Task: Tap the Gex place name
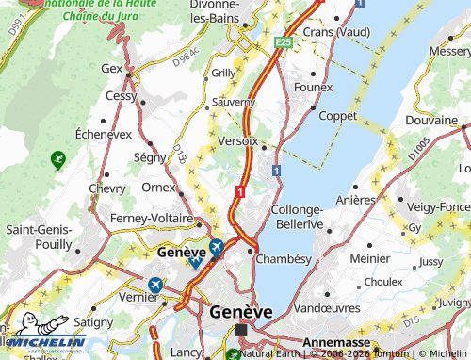click(113, 69)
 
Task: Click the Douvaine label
click(430, 122)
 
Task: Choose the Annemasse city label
click(335, 344)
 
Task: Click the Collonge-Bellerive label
click(297, 217)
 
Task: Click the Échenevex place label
click(103, 135)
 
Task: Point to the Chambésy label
click(282, 258)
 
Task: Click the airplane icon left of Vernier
click(154, 285)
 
